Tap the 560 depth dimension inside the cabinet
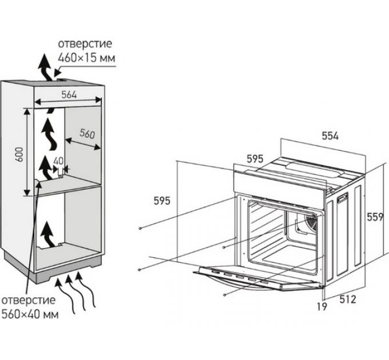86,134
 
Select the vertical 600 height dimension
19,154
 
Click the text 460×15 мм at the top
86,57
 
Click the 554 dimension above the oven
330,136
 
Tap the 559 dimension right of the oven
375,217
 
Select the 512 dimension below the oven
347,298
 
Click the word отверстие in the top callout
85,44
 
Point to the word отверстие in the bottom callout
28,300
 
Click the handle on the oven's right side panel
343,197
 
